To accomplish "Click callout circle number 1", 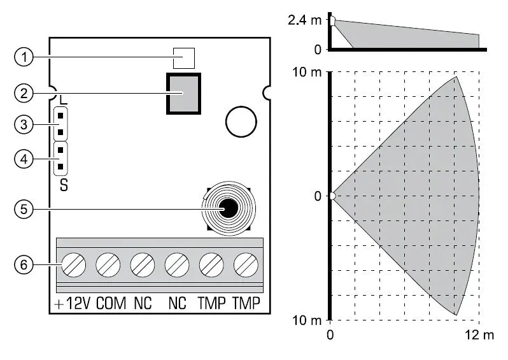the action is click(x=24, y=57).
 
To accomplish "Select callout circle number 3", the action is click(x=24, y=124).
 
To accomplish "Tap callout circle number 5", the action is click(x=24, y=209).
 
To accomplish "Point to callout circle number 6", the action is click(x=24, y=265).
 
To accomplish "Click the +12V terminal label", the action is click(x=72, y=304).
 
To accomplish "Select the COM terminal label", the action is click(x=111, y=304).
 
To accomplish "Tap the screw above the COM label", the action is click(x=108, y=265).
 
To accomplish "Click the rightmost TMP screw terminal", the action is click(x=246, y=265).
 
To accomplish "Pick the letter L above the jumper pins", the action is click(x=64, y=99).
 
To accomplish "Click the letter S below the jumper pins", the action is click(x=64, y=185).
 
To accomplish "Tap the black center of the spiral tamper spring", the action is click(x=229, y=208).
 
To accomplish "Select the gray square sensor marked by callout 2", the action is click(x=183, y=94).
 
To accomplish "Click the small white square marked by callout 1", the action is click(x=184, y=59).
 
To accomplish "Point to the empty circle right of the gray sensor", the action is click(x=241, y=122).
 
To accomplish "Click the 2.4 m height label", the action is click(x=304, y=20).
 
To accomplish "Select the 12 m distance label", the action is click(x=479, y=335).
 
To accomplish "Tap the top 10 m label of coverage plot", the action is click(x=307, y=72).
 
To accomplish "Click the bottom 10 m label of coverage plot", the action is click(x=307, y=320).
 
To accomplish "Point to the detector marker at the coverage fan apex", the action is click(x=332, y=196).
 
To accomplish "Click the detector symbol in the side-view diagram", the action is click(x=332, y=21).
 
